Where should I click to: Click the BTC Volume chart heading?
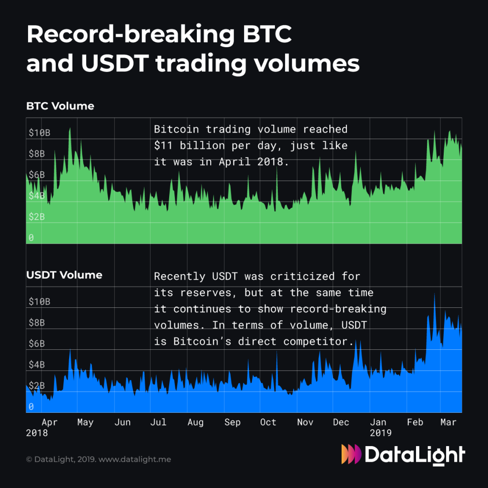(60, 106)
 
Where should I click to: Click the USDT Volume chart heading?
(64, 275)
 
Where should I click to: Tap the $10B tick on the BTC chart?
(39, 132)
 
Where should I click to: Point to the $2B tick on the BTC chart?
(37, 216)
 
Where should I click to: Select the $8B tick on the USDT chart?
(37, 322)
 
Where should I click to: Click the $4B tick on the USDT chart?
(37, 365)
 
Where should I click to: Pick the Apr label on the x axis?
(50, 422)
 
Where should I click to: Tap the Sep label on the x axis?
(232, 422)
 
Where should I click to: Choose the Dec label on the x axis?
(341, 422)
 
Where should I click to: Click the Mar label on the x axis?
(448, 422)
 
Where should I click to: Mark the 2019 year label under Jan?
(381, 433)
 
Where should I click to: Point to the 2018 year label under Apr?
(37, 433)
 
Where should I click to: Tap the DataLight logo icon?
(351, 454)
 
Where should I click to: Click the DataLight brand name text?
(415, 454)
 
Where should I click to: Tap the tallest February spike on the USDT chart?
(435, 295)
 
